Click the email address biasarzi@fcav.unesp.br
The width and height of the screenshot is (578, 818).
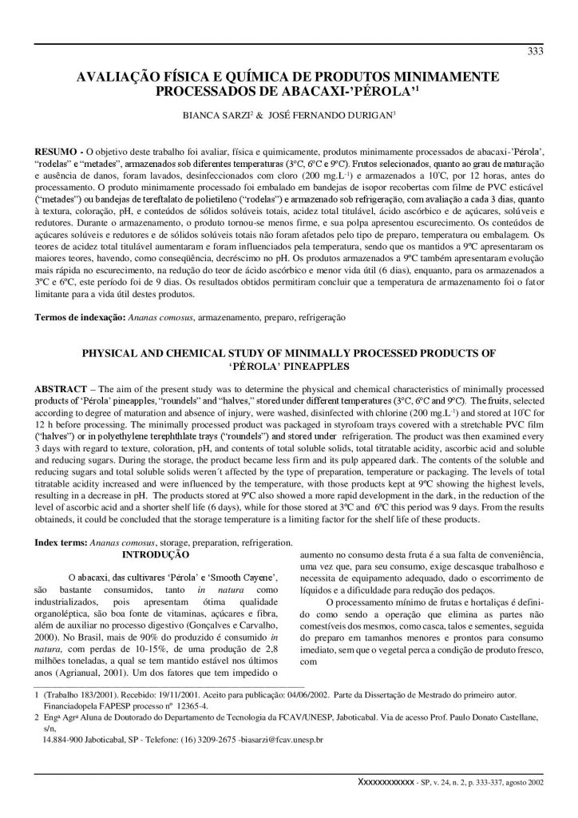[269, 740]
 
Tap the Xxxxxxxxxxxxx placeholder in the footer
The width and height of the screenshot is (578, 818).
[386, 782]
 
